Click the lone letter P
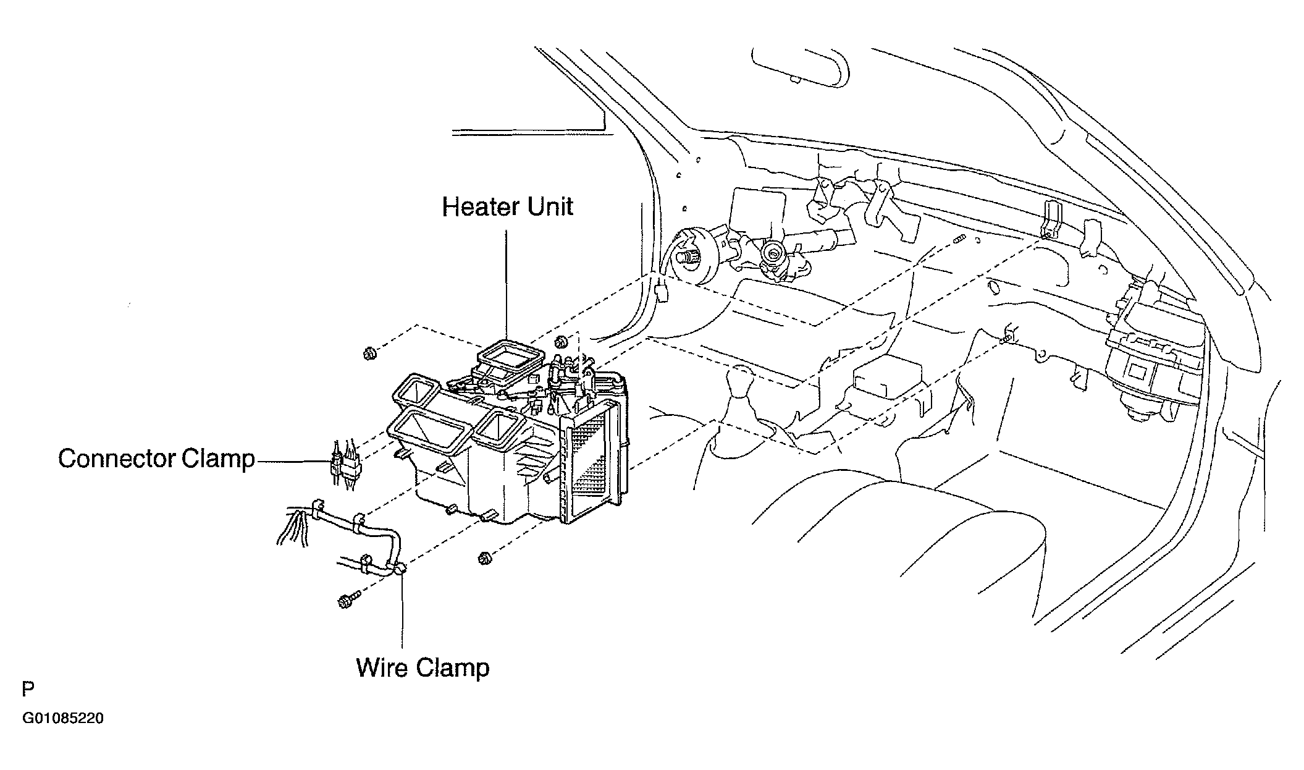click(x=28, y=689)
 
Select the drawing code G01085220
click(x=63, y=719)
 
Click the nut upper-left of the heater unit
click(x=370, y=354)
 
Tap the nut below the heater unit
click(x=485, y=559)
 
